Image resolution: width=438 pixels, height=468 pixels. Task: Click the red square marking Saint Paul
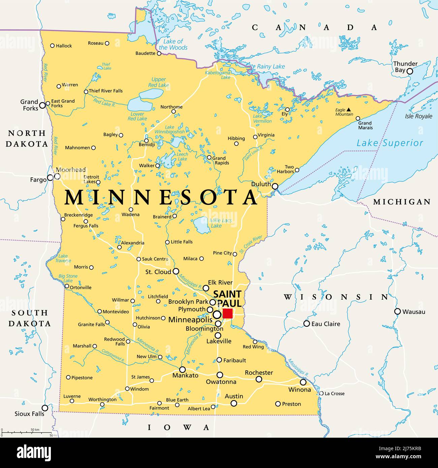228,313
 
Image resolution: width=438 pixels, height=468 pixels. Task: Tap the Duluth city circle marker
275,186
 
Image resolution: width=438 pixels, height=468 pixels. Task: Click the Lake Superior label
390,143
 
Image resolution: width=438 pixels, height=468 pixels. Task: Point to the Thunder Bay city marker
410,71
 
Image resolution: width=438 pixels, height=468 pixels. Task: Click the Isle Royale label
418,116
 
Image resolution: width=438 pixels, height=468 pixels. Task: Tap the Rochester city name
259,373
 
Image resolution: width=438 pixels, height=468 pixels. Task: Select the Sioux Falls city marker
45,408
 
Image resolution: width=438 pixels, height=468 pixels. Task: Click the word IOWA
179,428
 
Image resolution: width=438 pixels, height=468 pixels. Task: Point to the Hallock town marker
52,45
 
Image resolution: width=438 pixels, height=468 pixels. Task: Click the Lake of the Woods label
173,44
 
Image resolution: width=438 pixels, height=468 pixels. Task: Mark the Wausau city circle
398,311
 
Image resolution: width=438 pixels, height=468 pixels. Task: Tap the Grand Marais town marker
358,118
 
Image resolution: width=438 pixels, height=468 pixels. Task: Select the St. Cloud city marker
176,271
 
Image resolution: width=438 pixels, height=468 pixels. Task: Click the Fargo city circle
50,177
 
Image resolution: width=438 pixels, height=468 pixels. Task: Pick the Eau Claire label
325,324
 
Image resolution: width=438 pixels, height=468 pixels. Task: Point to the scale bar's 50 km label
35,430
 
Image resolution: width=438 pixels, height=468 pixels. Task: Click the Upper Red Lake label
158,82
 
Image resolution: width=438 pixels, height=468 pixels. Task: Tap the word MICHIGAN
402,202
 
